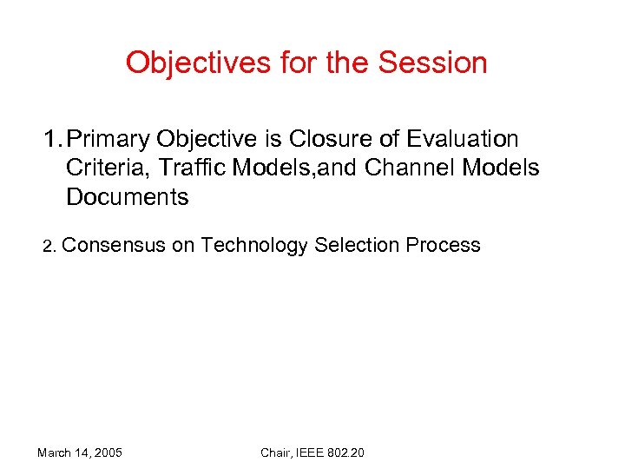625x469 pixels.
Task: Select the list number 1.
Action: coord(51,139)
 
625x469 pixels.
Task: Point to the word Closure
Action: coord(324,139)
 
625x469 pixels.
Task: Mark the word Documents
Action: coord(127,197)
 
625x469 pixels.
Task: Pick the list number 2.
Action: coord(49,247)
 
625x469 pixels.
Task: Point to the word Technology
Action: coord(254,246)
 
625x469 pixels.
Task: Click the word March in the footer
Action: coord(55,452)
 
